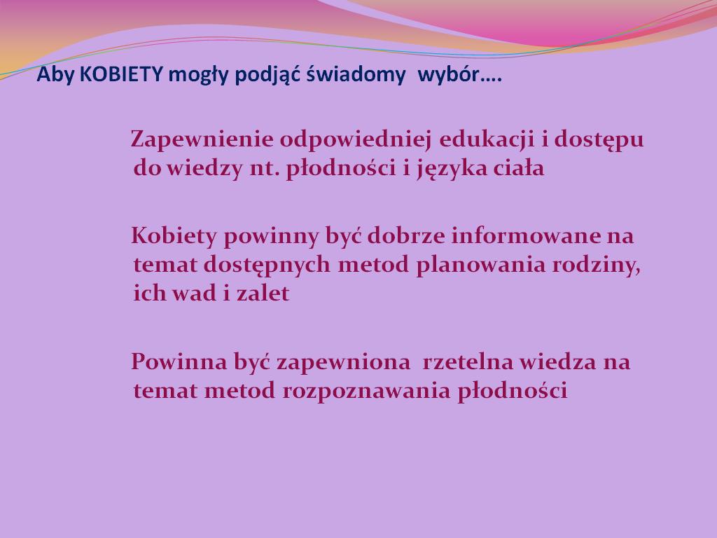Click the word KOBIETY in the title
pyautogui.click(x=121, y=74)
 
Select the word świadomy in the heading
pyautogui.click(x=356, y=74)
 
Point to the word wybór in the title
pyautogui.click(x=448, y=74)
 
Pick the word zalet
pyautogui.click(x=263, y=294)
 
